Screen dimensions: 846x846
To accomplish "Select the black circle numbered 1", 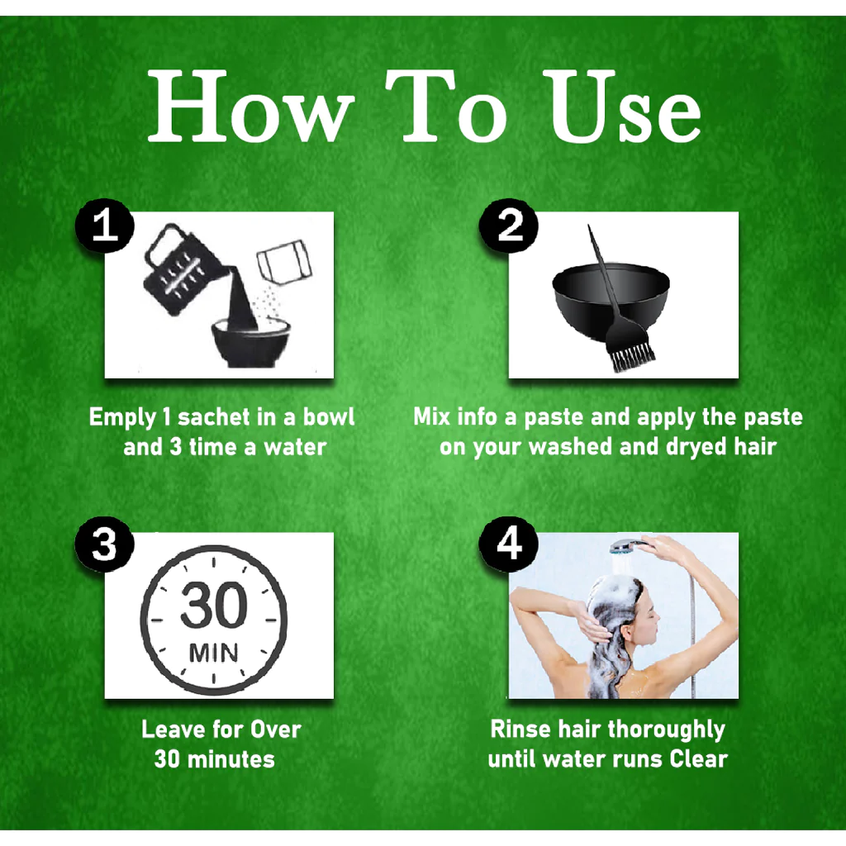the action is coord(104,226).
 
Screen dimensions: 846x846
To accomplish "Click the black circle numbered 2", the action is coord(508,226).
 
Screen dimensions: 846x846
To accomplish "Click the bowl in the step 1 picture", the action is coord(251,344).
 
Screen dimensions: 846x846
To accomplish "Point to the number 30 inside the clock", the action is coord(214,605).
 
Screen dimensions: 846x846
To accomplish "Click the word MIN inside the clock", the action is coord(214,653).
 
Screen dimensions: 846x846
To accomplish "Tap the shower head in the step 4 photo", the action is coord(630,547).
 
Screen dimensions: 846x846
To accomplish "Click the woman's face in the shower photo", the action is coord(649,611).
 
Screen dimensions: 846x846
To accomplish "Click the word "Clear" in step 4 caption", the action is coord(698,759).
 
